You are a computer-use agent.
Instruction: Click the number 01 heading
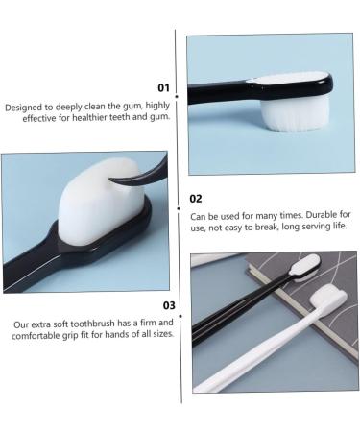pyautogui.click(x=162, y=87)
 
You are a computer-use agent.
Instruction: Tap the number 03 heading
pyautogui.click(x=169, y=306)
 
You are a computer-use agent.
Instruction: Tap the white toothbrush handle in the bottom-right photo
pyautogui.click(x=259, y=355)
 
